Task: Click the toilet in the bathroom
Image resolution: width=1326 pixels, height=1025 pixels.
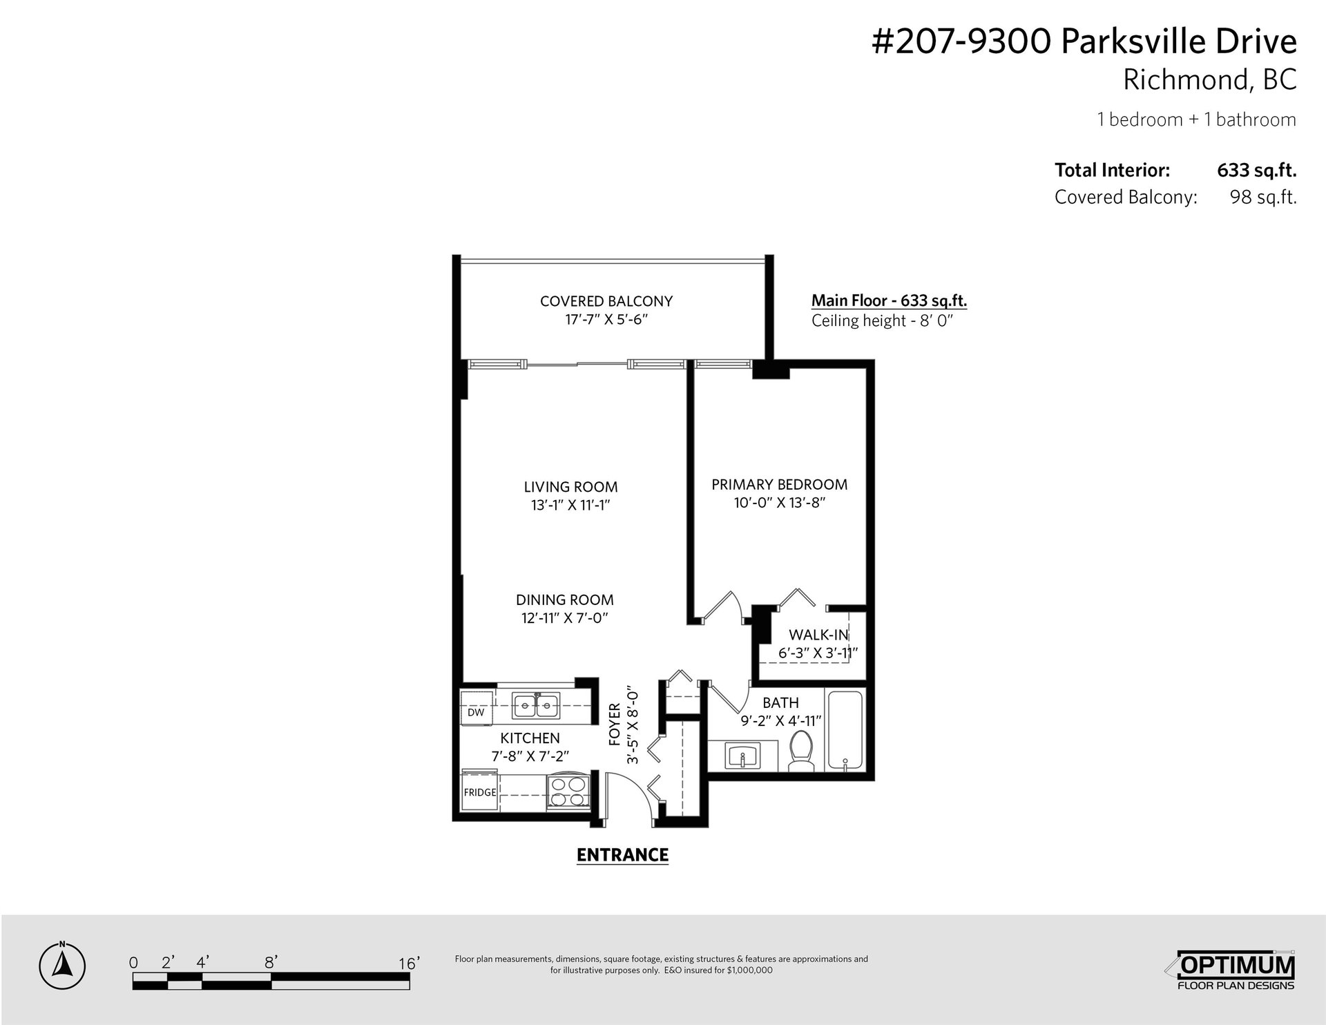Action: coord(801,752)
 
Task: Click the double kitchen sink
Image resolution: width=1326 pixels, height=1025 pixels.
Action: coord(536,705)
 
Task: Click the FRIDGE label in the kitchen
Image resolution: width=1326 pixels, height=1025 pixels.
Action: coord(480,792)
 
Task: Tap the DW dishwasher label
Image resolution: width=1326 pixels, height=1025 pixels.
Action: coord(476,712)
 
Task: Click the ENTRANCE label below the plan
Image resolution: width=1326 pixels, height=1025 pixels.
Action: coord(622,855)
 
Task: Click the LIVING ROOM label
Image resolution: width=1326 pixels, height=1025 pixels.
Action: coord(570,487)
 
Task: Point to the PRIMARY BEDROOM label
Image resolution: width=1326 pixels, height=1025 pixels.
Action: coord(780,484)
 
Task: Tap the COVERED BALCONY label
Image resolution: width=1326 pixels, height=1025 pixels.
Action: coord(606,301)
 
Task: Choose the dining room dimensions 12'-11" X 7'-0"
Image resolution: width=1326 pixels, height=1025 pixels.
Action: coord(564,618)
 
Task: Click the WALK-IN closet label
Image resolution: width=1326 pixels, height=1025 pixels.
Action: coord(818,635)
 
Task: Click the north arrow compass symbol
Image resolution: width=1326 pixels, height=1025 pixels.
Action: coord(62,964)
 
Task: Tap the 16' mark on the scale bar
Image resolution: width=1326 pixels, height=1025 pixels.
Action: coord(409,964)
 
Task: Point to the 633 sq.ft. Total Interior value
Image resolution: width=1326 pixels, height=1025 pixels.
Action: coord(1256,170)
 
